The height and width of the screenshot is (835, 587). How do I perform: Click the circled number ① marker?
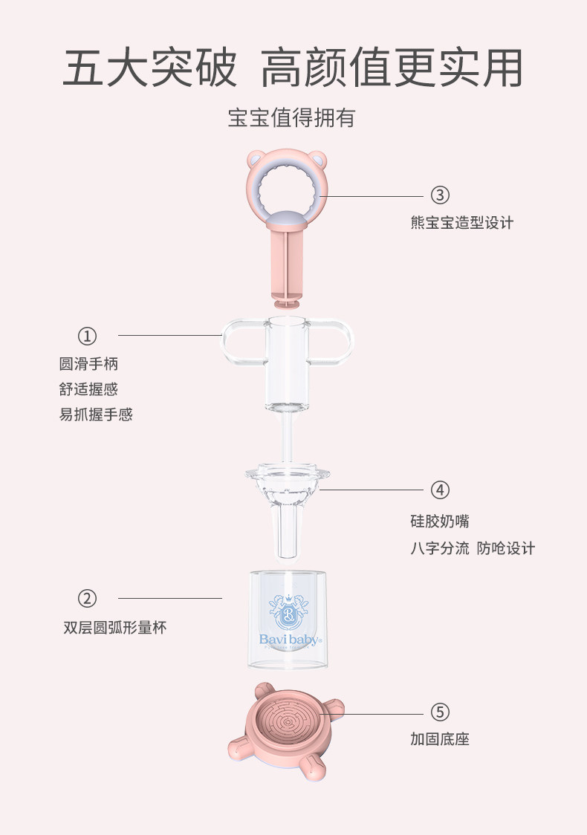coord(88,336)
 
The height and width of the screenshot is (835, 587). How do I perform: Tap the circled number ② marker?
coord(88,599)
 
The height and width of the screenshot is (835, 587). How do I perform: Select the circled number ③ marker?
coord(440,195)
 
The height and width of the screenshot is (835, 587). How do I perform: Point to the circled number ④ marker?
coord(440,490)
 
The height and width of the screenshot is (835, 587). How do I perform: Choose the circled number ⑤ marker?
coord(440,712)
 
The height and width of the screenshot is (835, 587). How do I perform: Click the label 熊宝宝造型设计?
coord(462,223)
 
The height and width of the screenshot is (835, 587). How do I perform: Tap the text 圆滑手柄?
coord(88,364)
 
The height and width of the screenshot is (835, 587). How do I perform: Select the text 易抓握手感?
coord(96,415)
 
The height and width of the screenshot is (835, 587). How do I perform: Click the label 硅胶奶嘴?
coord(439,521)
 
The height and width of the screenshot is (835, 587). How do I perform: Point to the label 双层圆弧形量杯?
coord(115,628)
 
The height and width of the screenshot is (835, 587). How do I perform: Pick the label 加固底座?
coord(439,739)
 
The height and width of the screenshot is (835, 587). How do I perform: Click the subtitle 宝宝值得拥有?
coord(291,117)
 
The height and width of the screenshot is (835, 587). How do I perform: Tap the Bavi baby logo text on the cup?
coord(289,640)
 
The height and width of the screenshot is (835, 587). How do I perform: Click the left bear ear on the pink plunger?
coord(255,158)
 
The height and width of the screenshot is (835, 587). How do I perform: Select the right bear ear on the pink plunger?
coord(319,159)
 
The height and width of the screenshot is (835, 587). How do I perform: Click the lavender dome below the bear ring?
coord(287,219)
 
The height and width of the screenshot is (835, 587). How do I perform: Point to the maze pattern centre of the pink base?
coord(288,723)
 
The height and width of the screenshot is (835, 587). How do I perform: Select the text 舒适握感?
coord(88,389)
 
